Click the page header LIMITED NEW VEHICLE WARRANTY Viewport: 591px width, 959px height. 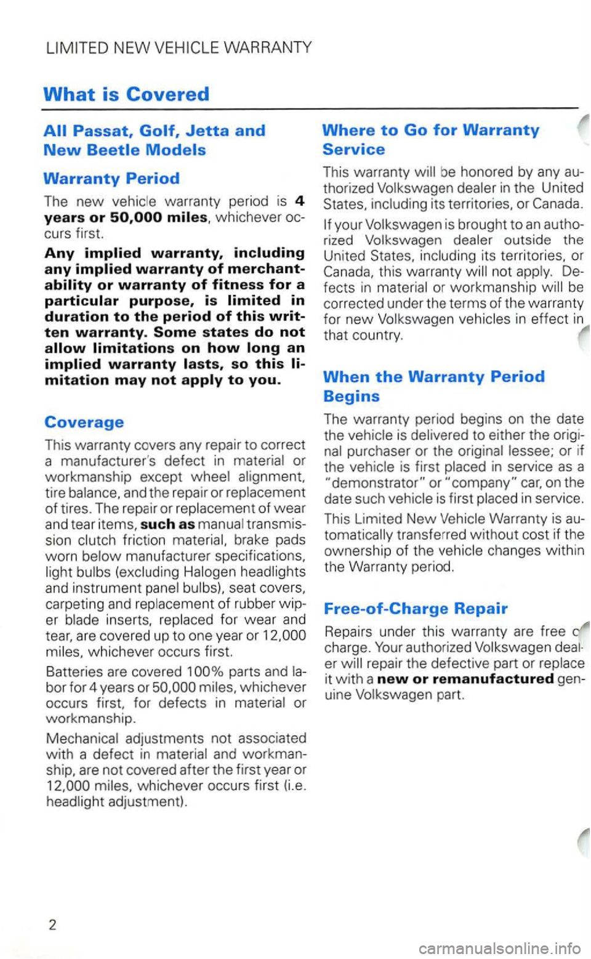click(179, 47)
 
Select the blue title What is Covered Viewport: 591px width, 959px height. click(126, 94)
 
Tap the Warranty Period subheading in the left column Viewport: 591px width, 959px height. click(111, 179)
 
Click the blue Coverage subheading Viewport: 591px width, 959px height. click(84, 422)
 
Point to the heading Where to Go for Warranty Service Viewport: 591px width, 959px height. click(430, 139)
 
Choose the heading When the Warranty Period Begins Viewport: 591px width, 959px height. click(433, 386)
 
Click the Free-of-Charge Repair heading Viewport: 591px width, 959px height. click(415, 609)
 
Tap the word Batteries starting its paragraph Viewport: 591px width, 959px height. click(73, 671)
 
